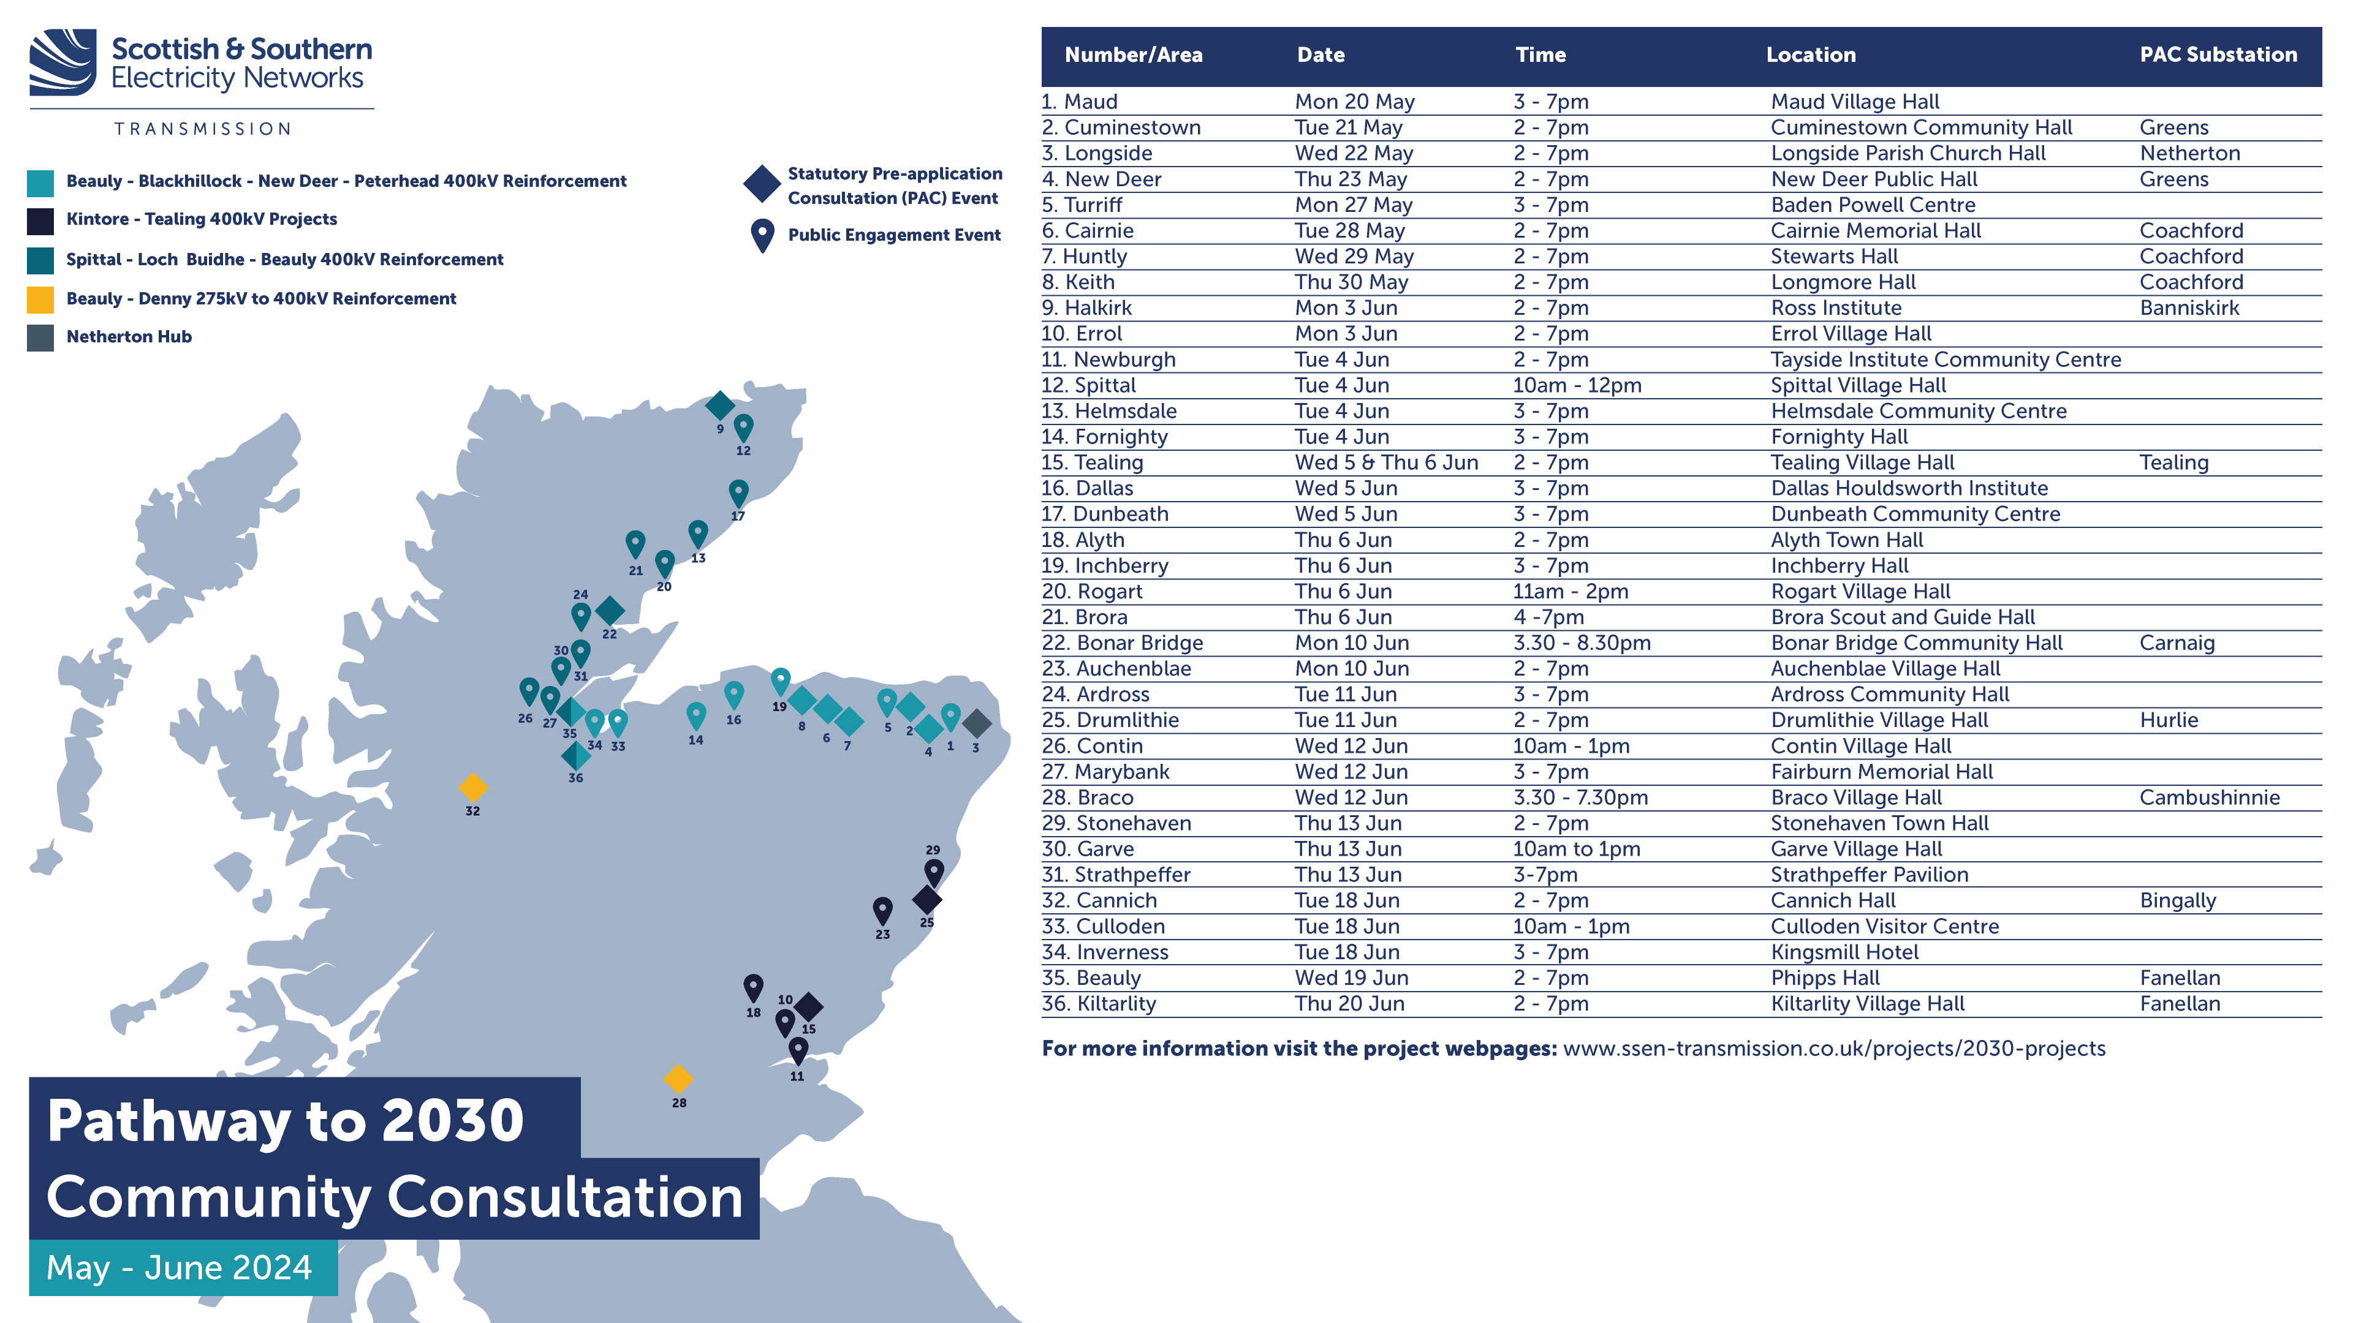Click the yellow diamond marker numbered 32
pyautogui.click(x=472, y=787)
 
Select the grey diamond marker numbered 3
pyautogui.click(x=977, y=723)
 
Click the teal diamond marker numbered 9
pyautogui.click(x=720, y=404)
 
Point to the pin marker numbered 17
pyautogui.click(x=738, y=493)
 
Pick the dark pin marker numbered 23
pyautogui.click(x=882, y=910)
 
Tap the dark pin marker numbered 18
pyautogui.click(x=752, y=987)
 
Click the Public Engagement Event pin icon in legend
pyautogui.click(x=762, y=235)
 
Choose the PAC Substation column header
pyautogui.click(x=2218, y=55)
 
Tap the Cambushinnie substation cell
pyautogui.click(x=2208, y=798)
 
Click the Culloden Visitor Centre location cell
pyautogui.click(x=1884, y=927)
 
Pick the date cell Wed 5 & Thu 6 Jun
pyautogui.click(x=1385, y=463)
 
